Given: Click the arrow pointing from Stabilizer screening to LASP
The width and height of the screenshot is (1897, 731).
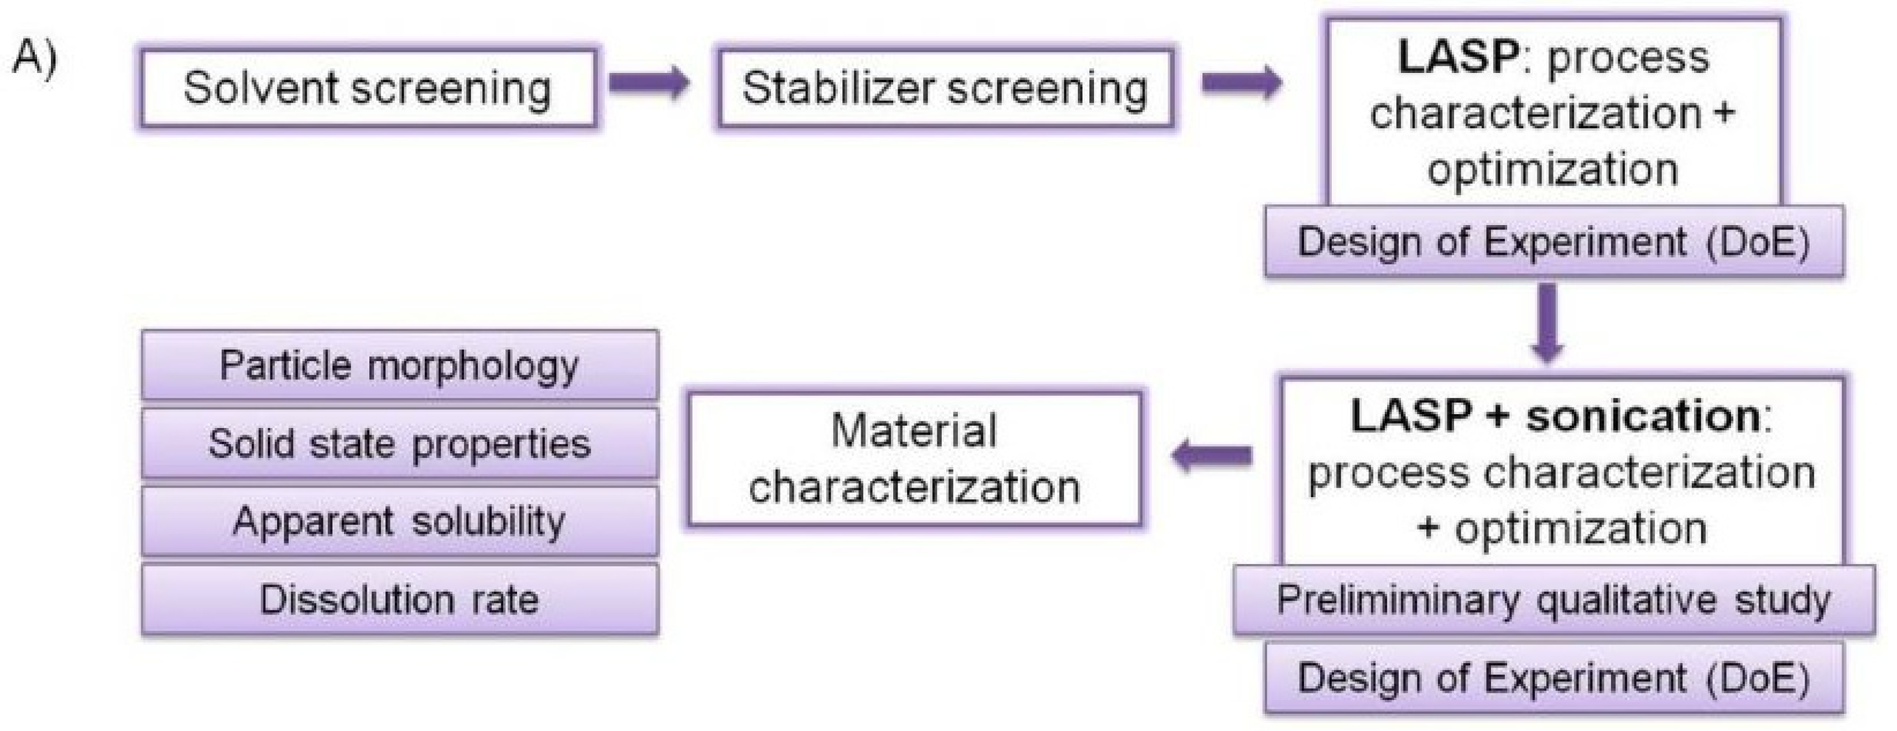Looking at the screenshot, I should click(x=1242, y=82).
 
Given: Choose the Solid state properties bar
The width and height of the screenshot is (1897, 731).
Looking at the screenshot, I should click(x=400, y=444).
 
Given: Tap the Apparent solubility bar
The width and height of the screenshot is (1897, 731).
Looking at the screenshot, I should click(x=400, y=522).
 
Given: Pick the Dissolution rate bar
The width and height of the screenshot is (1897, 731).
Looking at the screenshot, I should click(x=400, y=600).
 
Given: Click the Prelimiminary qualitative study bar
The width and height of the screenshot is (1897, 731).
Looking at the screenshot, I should click(x=1554, y=600).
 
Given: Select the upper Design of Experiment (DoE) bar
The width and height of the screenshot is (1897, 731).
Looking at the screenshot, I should click(x=1554, y=242).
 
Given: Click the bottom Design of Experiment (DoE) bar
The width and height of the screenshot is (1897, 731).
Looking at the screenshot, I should click(x=1554, y=678).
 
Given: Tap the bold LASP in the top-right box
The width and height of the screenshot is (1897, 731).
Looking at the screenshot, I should click(x=1458, y=57).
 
